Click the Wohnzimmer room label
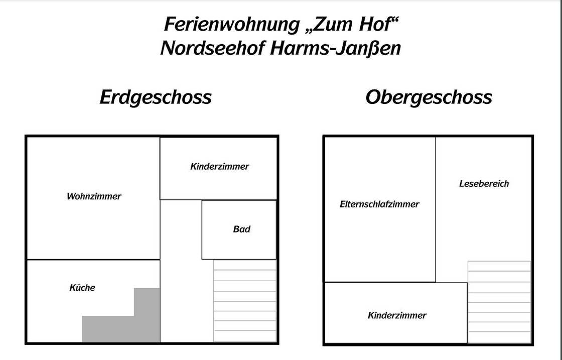pyautogui.click(x=94, y=196)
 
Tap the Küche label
pyautogui.click(x=82, y=288)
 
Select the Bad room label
pyautogui.click(x=241, y=229)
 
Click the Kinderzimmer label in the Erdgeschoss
pyautogui.click(x=219, y=166)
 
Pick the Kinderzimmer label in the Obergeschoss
pyautogui.click(x=397, y=315)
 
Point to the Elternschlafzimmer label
pyautogui.click(x=379, y=204)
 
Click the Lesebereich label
pyautogui.click(x=484, y=184)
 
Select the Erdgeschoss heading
pyautogui.click(x=156, y=97)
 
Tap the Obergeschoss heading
pyautogui.click(x=429, y=97)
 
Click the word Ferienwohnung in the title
pyautogui.click(x=231, y=24)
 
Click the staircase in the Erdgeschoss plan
pyautogui.click(x=245, y=301)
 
